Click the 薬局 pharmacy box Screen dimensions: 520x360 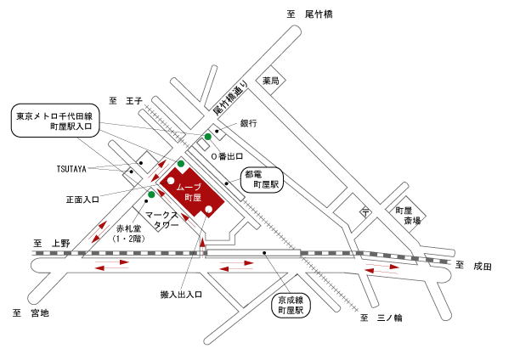coord(270,81)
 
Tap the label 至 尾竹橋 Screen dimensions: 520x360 coord(309,14)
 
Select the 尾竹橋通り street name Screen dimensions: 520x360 coord(230,98)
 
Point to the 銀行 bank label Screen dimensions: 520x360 coord(248,123)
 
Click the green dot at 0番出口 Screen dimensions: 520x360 coord(208,137)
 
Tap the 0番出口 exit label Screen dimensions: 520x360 coord(227,156)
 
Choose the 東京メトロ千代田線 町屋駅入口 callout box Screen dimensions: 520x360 coord(55,121)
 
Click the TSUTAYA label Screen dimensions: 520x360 coord(71,169)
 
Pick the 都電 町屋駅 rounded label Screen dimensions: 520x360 coord(262,180)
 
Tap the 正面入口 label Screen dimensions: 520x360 coord(82,200)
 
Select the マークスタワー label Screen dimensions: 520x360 coord(163,220)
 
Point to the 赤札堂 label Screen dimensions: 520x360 coord(128,228)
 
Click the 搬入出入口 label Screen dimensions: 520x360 coord(181,295)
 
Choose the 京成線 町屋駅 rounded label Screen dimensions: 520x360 coord(291,306)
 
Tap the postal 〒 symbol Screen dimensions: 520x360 coord(365,212)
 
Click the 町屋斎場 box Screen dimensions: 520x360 coord(405,215)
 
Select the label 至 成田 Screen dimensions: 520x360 coord(473,266)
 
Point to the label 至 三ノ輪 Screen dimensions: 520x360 coord(381,318)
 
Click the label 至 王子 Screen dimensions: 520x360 coord(126,101)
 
